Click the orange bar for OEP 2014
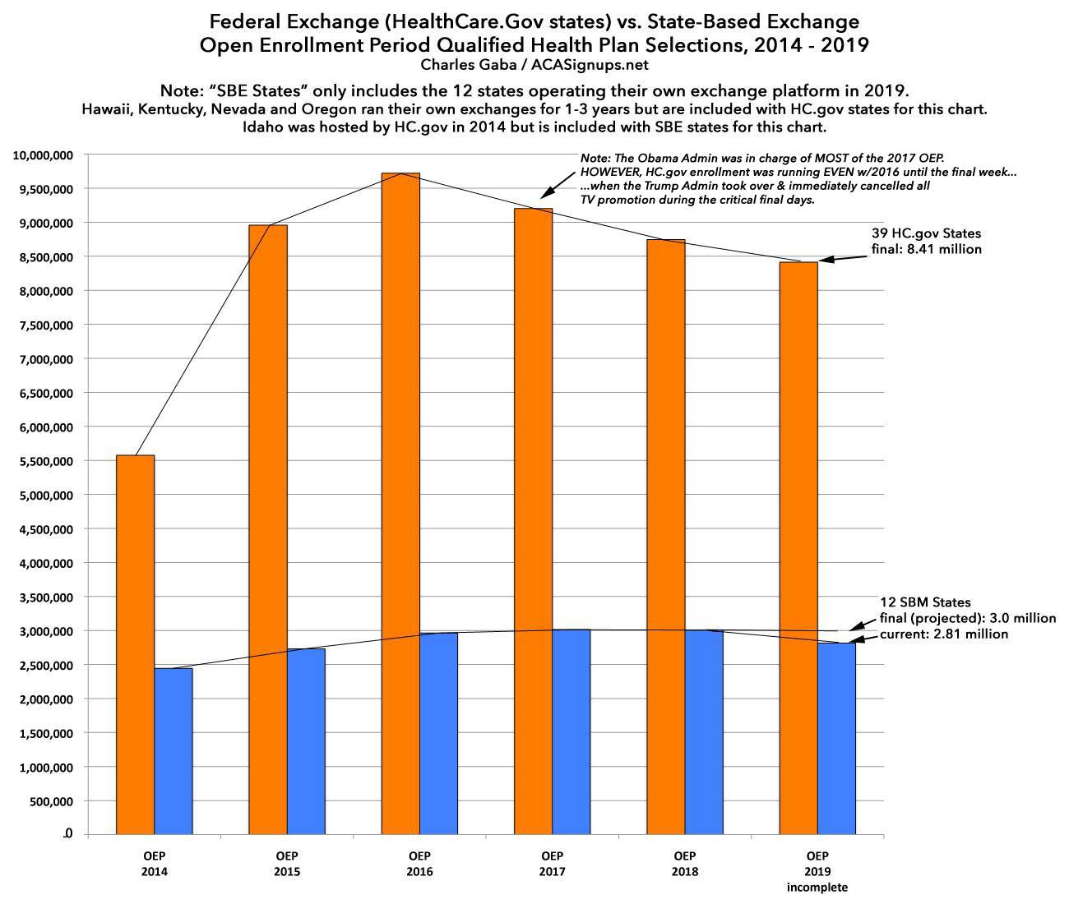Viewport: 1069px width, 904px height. [x=135, y=645]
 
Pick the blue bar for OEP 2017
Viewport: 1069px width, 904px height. [x=572, y=731]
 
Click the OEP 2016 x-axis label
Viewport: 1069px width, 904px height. [x=419, y=864]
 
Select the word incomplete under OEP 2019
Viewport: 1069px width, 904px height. [x=817, y=888]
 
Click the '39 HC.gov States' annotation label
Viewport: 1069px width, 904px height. [x=926, y=234]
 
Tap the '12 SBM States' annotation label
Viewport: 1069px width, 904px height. [x=925, y=603]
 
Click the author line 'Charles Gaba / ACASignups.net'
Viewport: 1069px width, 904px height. [x=534, y=64]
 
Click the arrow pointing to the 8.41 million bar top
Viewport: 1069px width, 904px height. [x=843, y=258]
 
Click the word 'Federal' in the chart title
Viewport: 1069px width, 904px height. [x=248, y=21]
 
